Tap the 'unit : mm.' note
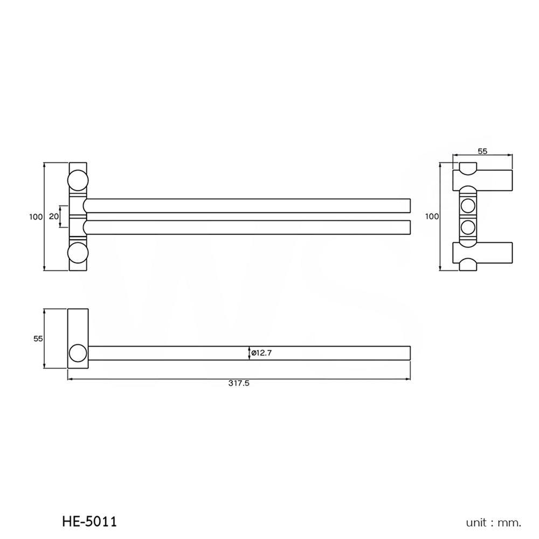click(x=494, y=522)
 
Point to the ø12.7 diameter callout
click(x=262, y=353)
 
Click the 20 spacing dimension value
click(x=53, y=216)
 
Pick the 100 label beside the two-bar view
click(x=36, y=216)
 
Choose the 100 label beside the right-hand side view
click(x=432, y=216)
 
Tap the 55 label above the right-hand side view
click(x=482, y=151)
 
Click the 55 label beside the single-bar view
click(x=38, y=338)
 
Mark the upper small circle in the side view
click(x=468, y=206)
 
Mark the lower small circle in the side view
click(x=468, y=226)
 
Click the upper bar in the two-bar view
click(x=248, y=205)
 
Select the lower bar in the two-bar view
click(x=248, y=227)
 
